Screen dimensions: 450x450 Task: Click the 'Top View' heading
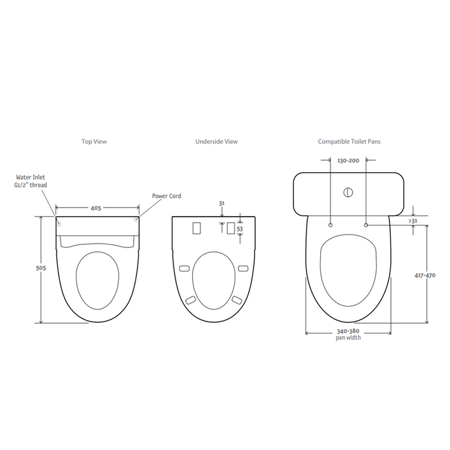[x=94, y=141]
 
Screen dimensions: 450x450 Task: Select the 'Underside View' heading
[x=217, y=141]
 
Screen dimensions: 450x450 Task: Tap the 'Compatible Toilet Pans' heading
[x=349, y=141]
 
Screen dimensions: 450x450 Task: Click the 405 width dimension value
[x=96, y=208]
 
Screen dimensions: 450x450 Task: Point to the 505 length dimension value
[x=40, y=268]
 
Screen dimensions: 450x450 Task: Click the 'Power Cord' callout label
[x=166, y=196]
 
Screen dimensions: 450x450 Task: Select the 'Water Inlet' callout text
[x=30, y=177]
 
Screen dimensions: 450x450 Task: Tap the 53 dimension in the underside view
[x=240, y=229]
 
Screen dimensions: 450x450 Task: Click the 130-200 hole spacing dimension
[x=348, y=161]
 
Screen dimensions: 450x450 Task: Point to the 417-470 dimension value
[x=425, y=275]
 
